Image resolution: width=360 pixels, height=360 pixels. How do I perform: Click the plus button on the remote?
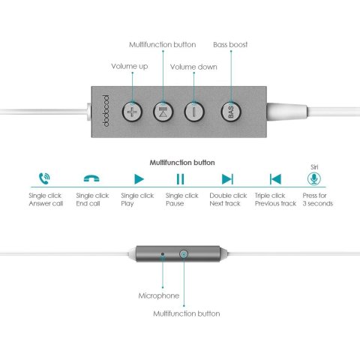(132, 112)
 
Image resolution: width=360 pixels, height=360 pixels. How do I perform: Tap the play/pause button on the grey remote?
(163, 112)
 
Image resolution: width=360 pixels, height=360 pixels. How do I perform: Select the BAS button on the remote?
(231, 112)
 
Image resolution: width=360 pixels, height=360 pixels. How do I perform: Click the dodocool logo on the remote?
(106, 111)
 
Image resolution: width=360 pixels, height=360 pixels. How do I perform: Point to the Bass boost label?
(230, 44)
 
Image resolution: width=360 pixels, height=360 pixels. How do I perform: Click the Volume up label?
(130, 66)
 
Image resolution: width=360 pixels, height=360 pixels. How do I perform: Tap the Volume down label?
(193, 67)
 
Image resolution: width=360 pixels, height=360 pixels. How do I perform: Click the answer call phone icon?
(44, 178)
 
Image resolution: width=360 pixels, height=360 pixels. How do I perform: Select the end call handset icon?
(91, 178)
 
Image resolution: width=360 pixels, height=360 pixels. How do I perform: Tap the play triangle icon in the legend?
(139, 179)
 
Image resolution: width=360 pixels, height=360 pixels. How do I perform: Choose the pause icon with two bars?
(180, 179)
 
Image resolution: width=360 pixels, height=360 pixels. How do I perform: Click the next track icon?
(227, 179)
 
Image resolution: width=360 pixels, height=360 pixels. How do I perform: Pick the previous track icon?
(275, 179)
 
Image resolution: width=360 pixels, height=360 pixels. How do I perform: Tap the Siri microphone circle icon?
(314, 178)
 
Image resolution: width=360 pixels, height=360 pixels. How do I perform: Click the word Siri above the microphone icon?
(314, 167)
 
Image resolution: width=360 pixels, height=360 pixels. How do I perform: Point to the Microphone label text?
(159, 295)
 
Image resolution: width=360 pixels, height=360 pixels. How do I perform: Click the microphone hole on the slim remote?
(163, 254)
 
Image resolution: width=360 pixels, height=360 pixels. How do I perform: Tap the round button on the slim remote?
(184, 254)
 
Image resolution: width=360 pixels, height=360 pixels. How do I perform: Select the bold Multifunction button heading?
(182, 163)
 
